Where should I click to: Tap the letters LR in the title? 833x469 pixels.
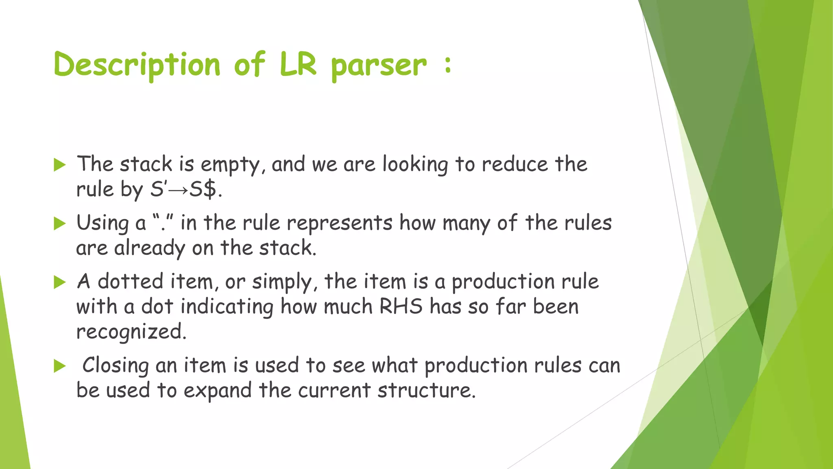298,64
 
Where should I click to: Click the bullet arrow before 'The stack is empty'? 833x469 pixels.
60,165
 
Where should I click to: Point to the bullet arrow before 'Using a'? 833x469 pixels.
60,224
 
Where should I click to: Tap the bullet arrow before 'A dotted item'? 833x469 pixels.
60,282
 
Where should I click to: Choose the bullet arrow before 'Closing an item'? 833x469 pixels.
60,366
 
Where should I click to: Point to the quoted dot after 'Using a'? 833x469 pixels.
164,223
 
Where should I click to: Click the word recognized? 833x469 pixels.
131,332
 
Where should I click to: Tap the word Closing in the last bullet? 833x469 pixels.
116,366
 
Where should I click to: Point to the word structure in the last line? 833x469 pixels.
426,390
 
